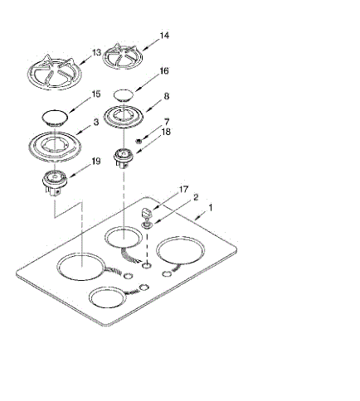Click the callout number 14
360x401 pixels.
[164, 36]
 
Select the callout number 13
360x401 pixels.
[96, 52]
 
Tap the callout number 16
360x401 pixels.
[164, 71]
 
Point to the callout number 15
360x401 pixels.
[96, 94]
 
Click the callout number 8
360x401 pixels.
[167, 96]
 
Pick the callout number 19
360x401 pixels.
[96, 162]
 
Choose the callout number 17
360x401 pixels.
[183, 190]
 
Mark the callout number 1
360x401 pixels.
[211, 208]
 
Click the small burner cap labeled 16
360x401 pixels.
[124, 95]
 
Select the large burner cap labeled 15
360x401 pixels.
[55, 118]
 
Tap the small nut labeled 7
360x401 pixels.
[139, 141]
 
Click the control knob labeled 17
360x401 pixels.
[147, 213]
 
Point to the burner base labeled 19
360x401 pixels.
[55, 182]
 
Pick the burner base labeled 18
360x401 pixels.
[124, 158]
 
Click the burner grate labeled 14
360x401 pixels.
[123, 57]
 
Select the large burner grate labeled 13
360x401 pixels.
[55, 73]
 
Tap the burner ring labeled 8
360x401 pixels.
[124, 117]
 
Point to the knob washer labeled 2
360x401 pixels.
[146, 225]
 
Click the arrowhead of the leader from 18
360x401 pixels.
[137, 152]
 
